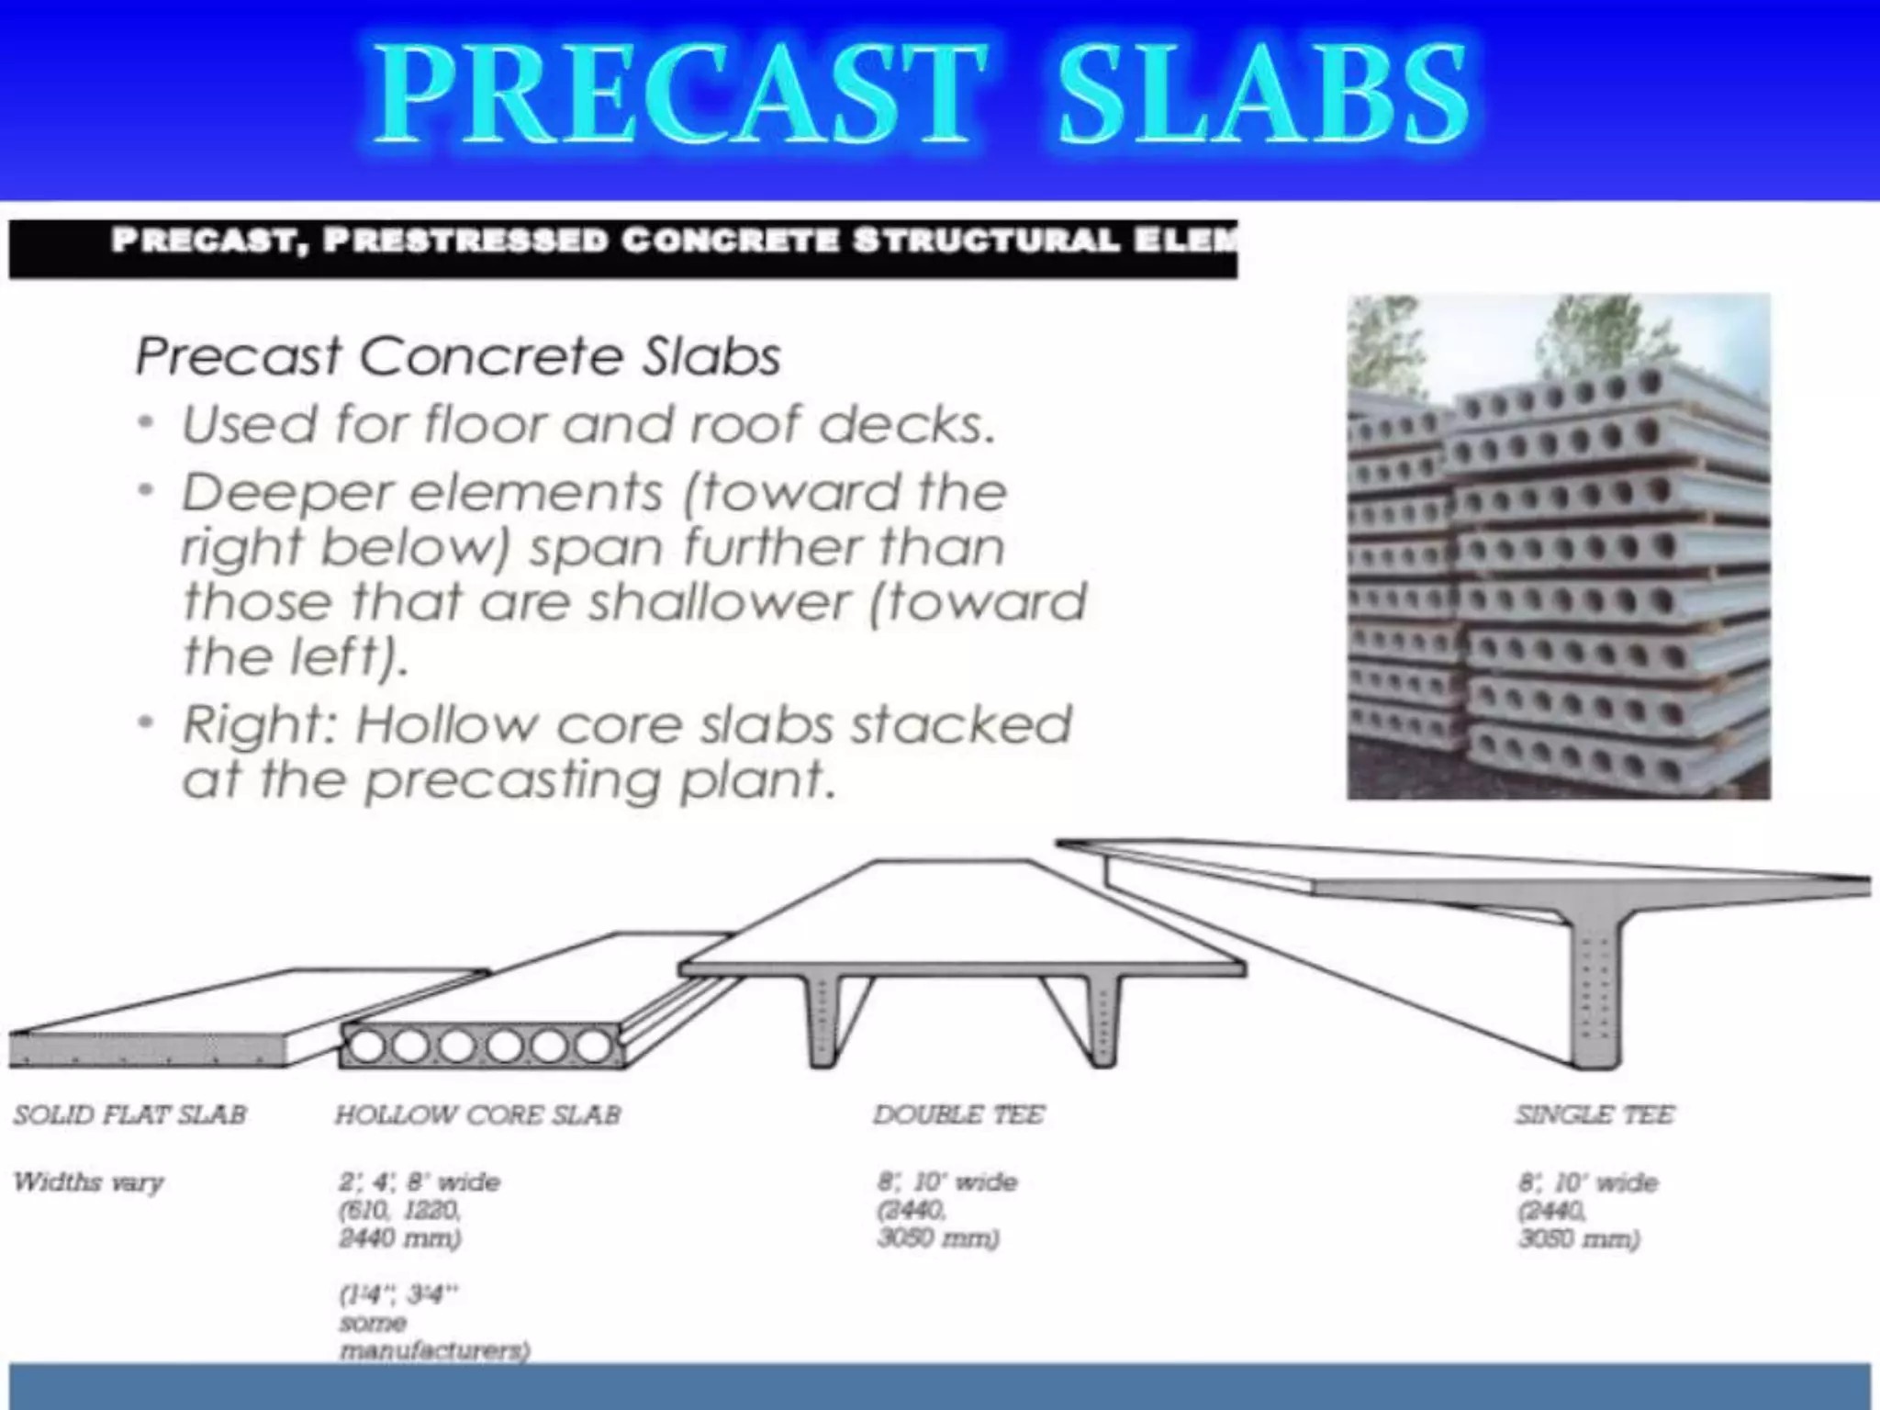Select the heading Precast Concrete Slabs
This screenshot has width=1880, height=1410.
click(x=457, y=356)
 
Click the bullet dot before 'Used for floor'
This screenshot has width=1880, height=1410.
click(x=145, y=424)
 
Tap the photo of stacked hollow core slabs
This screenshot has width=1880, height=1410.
click(x=1558, y=546)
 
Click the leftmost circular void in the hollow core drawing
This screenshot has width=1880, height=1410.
click(x=368, y=1046)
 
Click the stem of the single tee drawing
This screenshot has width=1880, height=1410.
click(x=1595, y=1001)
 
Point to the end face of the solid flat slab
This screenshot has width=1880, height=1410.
click(x=147, y=1048)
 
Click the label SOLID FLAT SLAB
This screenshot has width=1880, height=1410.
click(x=129, y=1114)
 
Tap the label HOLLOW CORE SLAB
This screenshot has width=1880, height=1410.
click(x=477, y=1114)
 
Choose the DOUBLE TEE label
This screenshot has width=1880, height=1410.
click(x=958, y=1114)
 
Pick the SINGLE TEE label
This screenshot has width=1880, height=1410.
click(x=1595, y=1114)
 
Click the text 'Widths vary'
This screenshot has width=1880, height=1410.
click(x=88, y=1181)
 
